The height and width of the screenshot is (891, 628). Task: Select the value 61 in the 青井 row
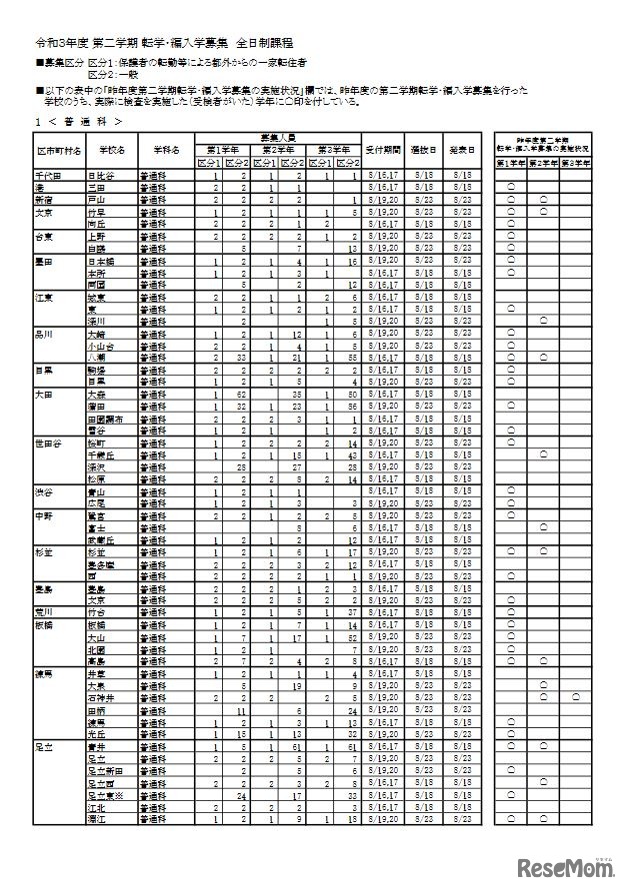(297, 745)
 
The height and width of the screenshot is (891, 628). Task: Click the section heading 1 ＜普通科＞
(80, 120)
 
